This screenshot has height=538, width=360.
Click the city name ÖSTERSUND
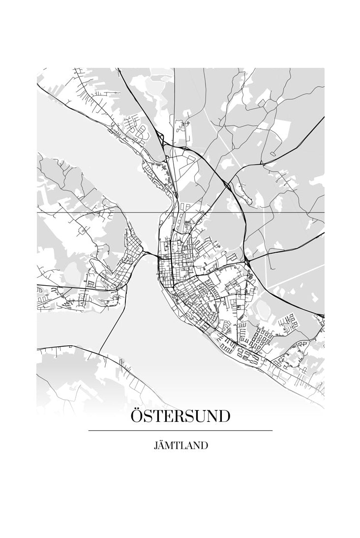point(180,416)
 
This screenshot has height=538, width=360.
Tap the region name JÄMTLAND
point(180,446)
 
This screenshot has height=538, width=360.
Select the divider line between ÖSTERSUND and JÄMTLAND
point(180,431)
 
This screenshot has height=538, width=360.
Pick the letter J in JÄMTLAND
point(156,446)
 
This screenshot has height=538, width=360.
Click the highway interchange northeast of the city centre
point(228,185)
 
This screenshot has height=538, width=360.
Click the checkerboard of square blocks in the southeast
point(261,339)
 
